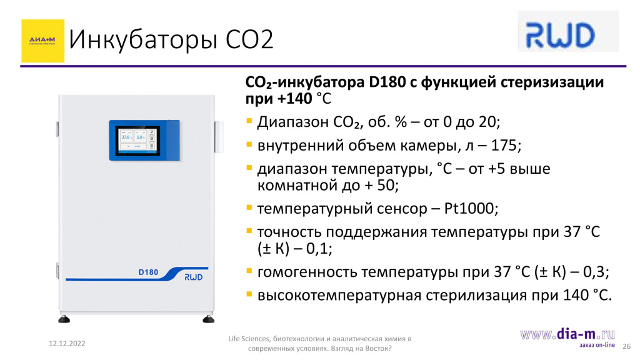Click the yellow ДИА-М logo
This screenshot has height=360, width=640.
(43, 41)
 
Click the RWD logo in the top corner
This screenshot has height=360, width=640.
(568, 31)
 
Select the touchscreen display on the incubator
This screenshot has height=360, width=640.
(137, 141)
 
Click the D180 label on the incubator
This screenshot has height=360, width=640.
(148, 272)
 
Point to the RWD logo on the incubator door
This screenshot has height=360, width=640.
(194, 277)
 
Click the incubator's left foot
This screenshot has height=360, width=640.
(64, 319)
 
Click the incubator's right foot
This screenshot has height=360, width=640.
(209, 319)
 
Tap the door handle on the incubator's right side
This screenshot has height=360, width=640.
(219, 137)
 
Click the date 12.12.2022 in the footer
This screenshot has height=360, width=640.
(67, 344)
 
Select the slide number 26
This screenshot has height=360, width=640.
(626, 346)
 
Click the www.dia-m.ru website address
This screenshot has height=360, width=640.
(567, 334)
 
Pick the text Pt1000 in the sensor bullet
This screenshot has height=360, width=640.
(469, 209)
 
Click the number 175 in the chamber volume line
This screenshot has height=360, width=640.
(504, 145)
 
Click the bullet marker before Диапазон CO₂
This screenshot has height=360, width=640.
(249, 121)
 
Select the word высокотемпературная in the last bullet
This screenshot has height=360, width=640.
(339, 296)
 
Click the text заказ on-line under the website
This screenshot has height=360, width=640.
(597, 345)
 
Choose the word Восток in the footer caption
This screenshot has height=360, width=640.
(377, 349)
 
